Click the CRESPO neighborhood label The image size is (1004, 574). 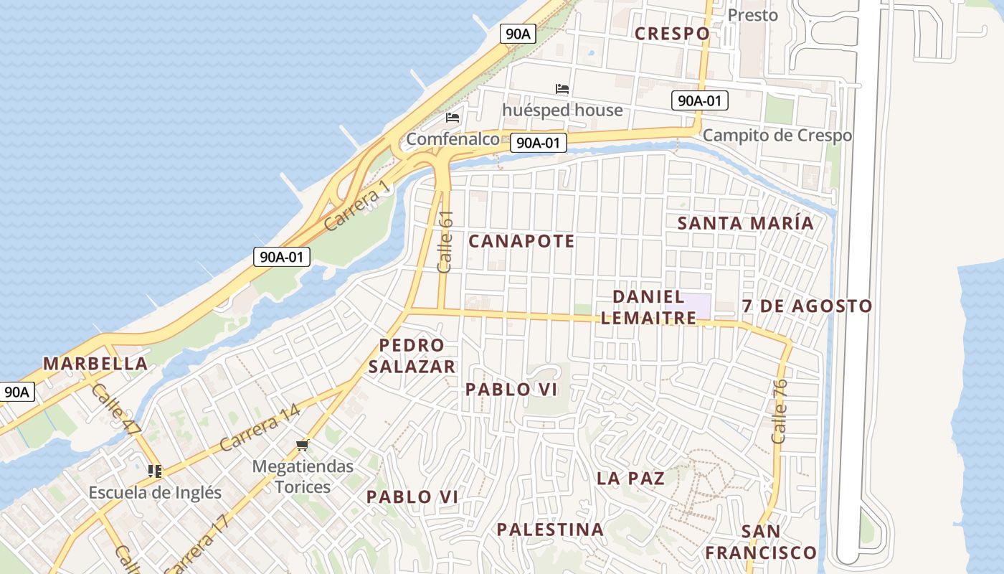point(672,33)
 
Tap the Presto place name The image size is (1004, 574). point(752,15)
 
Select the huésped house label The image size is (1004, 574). point(562,110)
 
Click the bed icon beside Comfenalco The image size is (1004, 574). point(453,118)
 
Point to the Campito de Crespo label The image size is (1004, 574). point(777,135)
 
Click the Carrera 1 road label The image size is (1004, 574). point(356,204)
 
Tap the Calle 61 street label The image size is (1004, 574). point(445,241)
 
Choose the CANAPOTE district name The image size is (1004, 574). point(521,241)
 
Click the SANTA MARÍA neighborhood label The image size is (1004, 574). point(746,223)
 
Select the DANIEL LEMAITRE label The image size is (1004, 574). point(648,307)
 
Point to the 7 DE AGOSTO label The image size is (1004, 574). point(807,306)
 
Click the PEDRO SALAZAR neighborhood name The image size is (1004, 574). point(411,356)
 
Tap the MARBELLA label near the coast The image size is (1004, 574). point(95,364)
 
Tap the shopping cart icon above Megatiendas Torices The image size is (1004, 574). point(302,446)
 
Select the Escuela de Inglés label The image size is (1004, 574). point(155,493)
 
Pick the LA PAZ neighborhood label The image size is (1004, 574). point(630,479)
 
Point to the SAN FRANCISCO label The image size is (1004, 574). point(760,542)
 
